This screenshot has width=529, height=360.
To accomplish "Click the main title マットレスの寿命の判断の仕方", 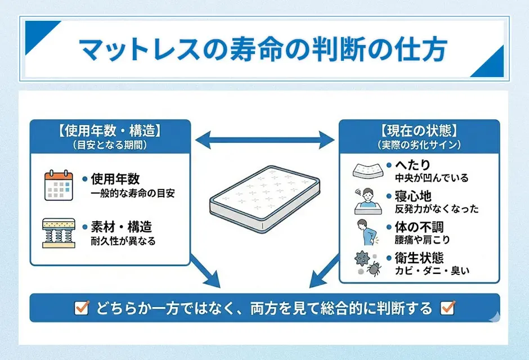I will click(263, 49).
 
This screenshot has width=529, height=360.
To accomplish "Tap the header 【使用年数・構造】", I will click(110, 131).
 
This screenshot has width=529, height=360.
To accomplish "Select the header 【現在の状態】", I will click(419, 131).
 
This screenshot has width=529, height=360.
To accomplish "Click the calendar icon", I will click(59, 186).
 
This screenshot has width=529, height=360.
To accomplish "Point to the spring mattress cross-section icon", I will click(59, 233).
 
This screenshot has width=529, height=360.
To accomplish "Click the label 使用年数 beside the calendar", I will click(115, 179).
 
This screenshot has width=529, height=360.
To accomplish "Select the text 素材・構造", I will click(121, 228).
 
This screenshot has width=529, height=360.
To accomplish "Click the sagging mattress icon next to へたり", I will click(367, 170).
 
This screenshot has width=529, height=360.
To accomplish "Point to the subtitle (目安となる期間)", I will click(110, 145).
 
